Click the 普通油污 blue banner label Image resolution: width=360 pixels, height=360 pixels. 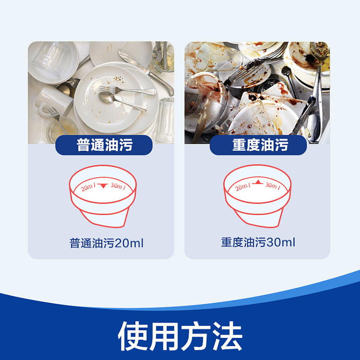pos(104,145)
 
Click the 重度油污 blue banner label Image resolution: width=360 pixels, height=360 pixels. pos(258,145)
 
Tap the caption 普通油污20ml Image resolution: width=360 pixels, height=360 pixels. pos(107,243)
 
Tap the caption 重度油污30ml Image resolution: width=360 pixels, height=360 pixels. pos(258,242)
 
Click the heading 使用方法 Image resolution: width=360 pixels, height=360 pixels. pos(180,336)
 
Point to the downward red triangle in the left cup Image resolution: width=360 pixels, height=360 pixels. pos(103,185)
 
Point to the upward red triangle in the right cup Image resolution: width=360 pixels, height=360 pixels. pos(258,182)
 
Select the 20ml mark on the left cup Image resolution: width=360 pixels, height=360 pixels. pos(88,187)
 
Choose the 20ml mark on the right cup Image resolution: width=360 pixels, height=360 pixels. pos(242,187)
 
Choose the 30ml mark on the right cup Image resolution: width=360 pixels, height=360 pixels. pos(273,185)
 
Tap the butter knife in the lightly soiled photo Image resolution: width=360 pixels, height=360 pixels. pos(145,72)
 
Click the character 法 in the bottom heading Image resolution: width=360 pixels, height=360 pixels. pos(228,336)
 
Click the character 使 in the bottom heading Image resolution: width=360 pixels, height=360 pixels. pos(132,336)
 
